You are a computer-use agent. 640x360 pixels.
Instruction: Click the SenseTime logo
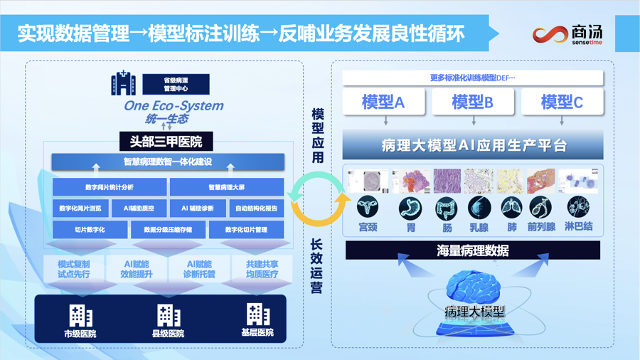(567, 34)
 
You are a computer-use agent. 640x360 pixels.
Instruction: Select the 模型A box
(384, 102)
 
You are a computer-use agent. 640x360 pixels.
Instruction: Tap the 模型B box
(473, 102)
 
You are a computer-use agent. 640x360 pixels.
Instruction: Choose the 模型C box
(562, 102)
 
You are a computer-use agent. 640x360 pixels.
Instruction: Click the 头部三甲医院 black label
(166, 142)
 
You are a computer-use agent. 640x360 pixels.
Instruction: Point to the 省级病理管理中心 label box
(176, 85)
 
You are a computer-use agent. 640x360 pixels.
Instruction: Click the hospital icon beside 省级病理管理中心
(123, 83)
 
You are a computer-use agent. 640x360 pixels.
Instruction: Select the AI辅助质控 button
(139, 208)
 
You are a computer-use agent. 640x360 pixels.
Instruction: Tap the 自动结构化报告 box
(256, 208)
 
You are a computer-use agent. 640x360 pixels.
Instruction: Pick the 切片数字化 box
(90, 229)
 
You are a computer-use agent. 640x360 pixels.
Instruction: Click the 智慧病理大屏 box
(227, 187)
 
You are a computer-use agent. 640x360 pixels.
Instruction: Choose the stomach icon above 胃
(410, 208)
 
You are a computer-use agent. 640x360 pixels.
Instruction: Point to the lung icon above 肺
(511, 208)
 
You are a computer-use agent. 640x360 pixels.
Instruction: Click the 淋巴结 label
(578, 226)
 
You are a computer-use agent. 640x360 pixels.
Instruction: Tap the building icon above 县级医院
(169, 315)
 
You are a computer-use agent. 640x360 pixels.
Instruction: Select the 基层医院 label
(257, 333)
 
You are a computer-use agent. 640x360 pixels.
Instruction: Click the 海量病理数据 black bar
(473, 250)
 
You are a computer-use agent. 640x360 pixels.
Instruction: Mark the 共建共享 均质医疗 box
(262, 270)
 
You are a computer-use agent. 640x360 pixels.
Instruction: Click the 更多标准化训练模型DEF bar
(473, 78)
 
